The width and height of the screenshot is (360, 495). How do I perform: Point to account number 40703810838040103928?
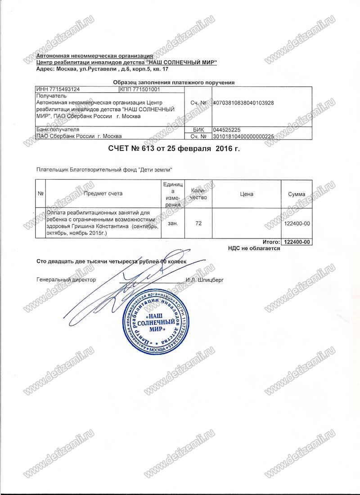tap(243, 103)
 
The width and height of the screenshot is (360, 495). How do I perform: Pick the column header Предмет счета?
tap(103, 194)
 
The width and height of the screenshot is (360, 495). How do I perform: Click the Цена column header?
tap(247, 194)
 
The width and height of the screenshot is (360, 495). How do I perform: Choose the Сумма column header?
tap(296, 194)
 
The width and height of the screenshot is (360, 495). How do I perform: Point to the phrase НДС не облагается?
tap(254, 248)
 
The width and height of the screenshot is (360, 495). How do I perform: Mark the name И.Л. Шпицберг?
tap(204, 279)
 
